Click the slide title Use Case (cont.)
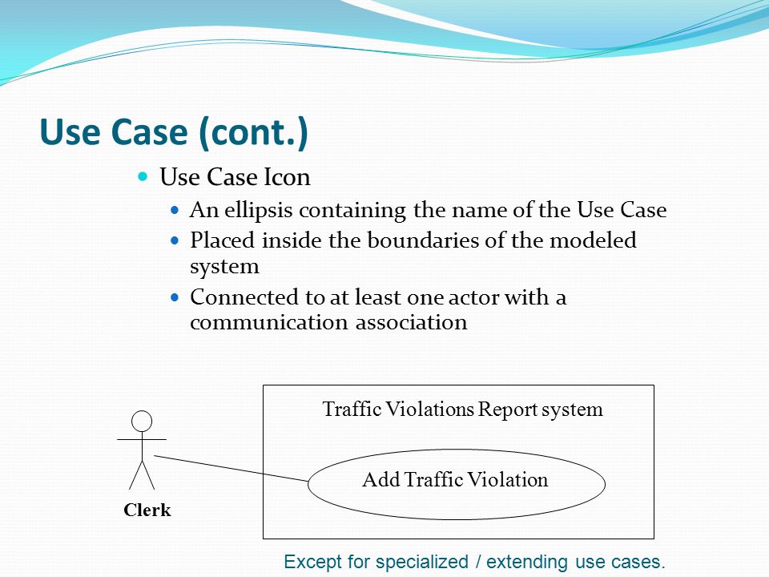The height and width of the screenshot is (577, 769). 174,133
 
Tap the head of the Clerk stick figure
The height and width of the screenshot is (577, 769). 142,420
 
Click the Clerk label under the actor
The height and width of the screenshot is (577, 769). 147,510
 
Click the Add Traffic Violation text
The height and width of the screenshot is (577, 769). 455,480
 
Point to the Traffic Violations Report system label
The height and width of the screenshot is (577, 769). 462,410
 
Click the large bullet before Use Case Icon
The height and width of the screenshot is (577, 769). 144,176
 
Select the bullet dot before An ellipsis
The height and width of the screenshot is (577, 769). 176,211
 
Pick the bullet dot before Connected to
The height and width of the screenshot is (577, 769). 176,297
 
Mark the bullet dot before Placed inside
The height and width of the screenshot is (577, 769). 176,240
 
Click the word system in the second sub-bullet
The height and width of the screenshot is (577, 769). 224,265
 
